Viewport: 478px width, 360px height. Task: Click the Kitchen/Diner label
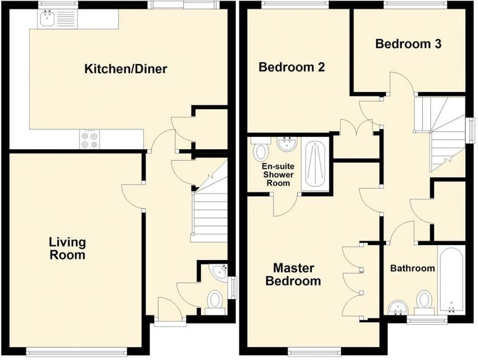pyautogui.click(x=126, y=69)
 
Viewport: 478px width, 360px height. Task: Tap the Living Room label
pyautogui.click(x=67, y=248)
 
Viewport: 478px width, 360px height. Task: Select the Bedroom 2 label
pyautogui.click(x=292, y=67)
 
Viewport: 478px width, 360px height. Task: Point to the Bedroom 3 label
pyautogui.click(x=408, y=44)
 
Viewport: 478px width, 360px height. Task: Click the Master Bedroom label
pyautogui.click(x=293, y=274)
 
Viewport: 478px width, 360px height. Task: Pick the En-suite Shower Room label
pyautogui.click(x=277, y=174)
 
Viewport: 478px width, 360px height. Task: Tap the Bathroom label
pyautogui.click(x=412, y=268)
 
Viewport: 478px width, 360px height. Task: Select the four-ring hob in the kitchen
pyautogui.click(x=90, y=139)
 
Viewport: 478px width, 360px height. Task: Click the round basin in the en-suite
pyautogui.click(x=288, y=144)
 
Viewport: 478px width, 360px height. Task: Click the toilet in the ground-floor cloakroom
pyautogui.click(x=215, y=301)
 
